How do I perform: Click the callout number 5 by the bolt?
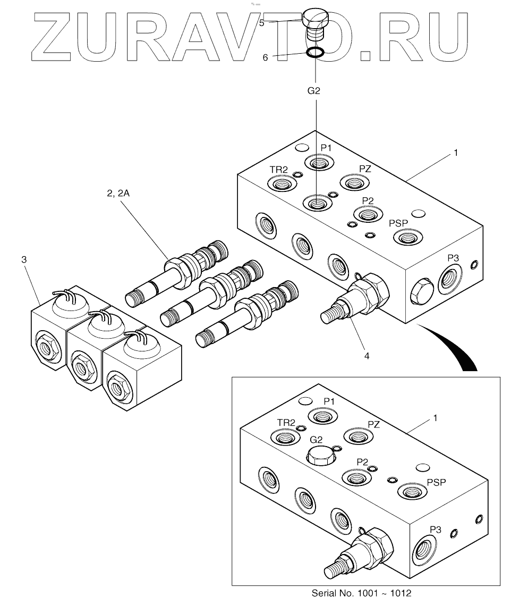click(261, 23)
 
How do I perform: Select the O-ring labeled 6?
click(316, 53)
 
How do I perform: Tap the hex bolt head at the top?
click(316, 19)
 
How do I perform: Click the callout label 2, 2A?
click(118, 194)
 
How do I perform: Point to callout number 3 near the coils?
click(23, 259)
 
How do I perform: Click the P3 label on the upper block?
click(453, 257)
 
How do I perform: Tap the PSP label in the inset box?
click(436, 482)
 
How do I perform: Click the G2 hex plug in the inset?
click(320, 455)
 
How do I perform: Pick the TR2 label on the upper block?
click(279, 169)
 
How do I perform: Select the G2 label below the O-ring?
click(314, 90)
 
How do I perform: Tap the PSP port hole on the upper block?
click(406, 237)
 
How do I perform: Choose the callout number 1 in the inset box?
click(435, 417)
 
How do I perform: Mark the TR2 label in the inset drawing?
click(286, 422)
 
